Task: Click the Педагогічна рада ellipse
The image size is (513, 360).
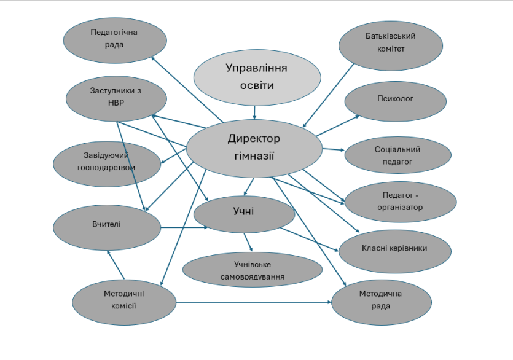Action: tap(116, 38)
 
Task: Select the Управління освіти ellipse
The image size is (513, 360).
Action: tap(257, 76)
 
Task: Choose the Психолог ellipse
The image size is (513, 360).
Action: tap(395, 99)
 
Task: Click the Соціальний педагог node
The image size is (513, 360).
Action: tap(397, 155)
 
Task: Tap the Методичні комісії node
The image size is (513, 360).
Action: tap(124, 300)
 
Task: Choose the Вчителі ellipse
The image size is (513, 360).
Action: tap(106, 225)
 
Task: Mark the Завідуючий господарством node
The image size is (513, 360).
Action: tap(106, 161)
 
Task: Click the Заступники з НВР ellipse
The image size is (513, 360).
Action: tap(116, 97)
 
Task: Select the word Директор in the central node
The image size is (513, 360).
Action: tap(253, 139)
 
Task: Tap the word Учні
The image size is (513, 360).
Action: tap(243, 212)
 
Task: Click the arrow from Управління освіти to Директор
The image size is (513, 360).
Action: tap(254, 112)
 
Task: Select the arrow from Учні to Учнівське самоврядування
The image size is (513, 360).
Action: tap(247, 241)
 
